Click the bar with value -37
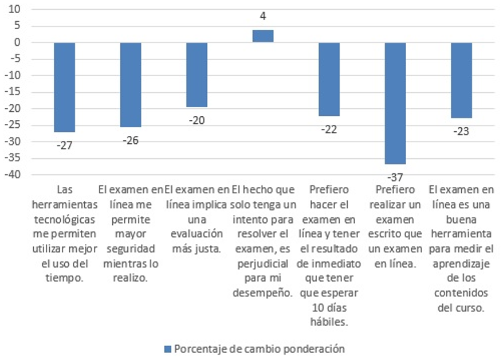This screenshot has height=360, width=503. [395, 103]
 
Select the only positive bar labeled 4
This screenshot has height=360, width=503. [263, 36]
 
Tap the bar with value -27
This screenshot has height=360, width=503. [64, 87]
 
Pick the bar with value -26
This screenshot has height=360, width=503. [131, 85]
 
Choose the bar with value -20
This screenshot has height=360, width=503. [197, 75]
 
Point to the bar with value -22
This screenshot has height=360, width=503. [329, 79]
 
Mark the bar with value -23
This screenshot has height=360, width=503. [461, 80]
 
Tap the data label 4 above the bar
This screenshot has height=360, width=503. [263, 16]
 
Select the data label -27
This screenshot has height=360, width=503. [64, 146]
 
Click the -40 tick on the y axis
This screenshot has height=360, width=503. [12, 175]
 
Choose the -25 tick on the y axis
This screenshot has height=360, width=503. [12, 126]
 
